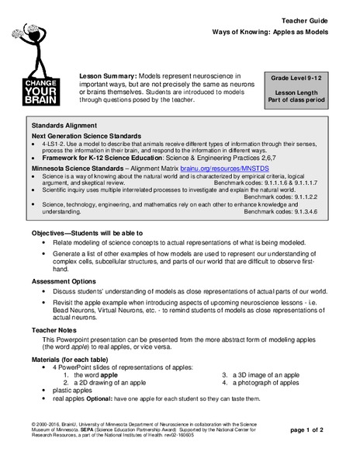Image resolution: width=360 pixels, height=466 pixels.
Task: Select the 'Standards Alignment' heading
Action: tap(65, 124)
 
